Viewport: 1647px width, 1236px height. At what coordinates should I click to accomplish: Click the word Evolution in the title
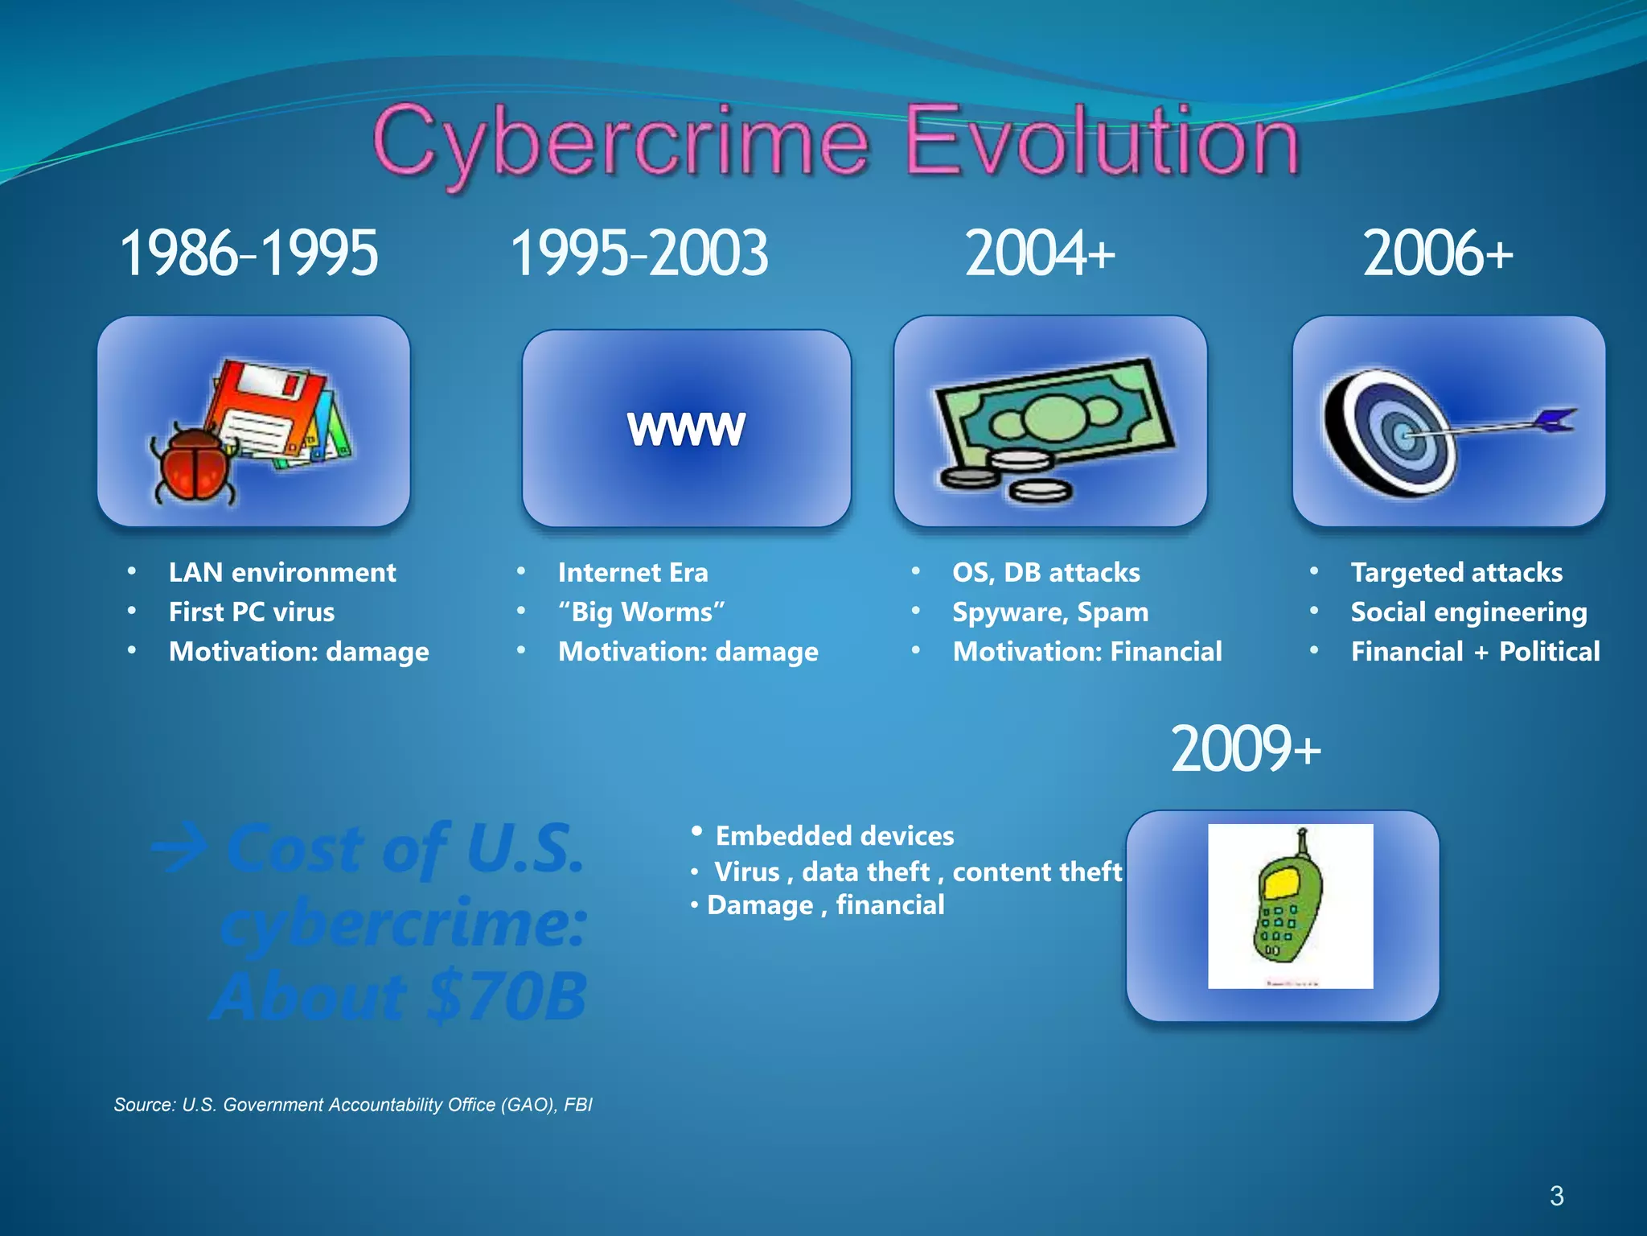click(1102, 143)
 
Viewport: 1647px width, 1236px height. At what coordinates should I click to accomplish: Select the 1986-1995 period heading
click(248, 253)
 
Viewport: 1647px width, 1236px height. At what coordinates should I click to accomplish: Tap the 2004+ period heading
click(1039, 253)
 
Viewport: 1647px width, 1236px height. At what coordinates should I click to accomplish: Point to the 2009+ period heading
click(1245, 749)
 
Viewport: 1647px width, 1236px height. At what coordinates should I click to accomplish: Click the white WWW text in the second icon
click(686, 428)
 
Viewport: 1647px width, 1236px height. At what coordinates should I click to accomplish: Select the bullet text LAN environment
click(282, 573)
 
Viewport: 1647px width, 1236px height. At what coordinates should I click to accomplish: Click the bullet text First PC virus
click(252, 612)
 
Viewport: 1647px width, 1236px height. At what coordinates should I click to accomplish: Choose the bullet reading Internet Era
click(633, 573)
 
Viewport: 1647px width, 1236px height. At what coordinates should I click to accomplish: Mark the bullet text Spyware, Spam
click(1050, 612)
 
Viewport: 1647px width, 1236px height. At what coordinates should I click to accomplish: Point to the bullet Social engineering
click(1468, 612)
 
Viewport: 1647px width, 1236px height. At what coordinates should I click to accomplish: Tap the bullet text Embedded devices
click(834, 836)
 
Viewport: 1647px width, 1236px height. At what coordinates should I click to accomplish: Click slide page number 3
click(1556, 1196)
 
